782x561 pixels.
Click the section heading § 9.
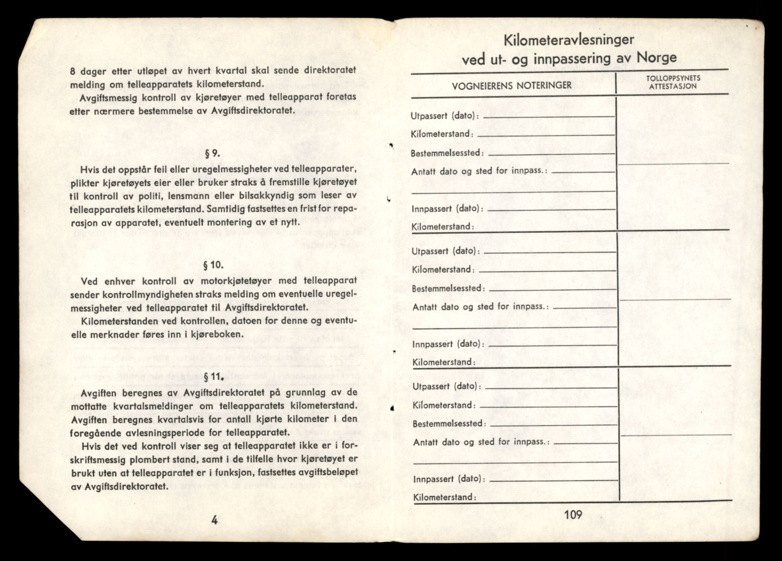[213, 154]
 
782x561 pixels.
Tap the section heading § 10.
[213, 265]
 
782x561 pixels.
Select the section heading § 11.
[213, 377]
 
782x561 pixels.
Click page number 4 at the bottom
[215, 520]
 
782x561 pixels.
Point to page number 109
[573, 515]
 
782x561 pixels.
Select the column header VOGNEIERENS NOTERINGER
[512, 86]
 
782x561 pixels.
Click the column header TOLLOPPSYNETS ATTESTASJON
[673, 82]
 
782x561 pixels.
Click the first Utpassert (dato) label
[445, 116]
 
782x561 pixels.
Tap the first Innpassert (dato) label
[447, 208]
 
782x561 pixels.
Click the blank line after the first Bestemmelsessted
[550, 154]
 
